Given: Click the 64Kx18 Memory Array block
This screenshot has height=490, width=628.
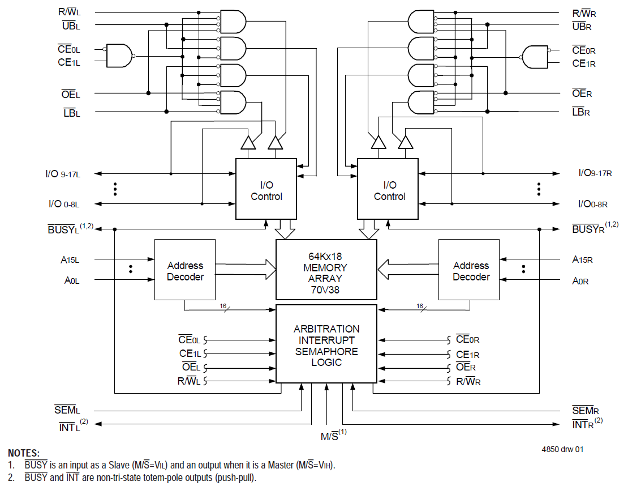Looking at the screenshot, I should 326,269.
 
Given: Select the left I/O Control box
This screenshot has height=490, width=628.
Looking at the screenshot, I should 266,189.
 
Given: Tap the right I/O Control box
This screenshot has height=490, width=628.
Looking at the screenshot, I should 388,189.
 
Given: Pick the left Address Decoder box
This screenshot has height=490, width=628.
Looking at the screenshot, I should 185,270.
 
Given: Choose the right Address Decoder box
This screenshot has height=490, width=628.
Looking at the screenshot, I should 469,270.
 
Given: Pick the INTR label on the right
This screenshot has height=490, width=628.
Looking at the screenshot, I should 584,423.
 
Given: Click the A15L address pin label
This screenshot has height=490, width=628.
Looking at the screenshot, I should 70,259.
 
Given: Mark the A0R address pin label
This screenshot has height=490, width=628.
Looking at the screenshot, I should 580,280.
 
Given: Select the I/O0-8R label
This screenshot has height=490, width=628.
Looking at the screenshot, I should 592,203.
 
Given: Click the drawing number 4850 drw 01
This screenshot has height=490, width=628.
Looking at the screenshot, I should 562,449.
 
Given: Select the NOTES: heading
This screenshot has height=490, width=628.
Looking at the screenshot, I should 23,453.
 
